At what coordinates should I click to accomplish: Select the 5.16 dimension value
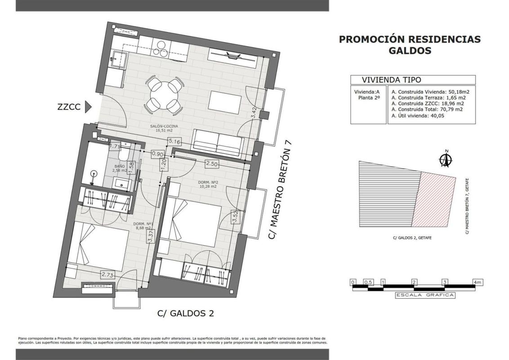click(174, 141)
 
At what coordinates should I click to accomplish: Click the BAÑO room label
click(120, 166)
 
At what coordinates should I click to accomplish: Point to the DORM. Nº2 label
click(208, 182)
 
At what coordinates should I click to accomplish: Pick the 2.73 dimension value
click(107, 275)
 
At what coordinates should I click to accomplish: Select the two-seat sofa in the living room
click(219, 143)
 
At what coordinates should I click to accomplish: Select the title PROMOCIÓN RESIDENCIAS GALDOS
click(410, 45)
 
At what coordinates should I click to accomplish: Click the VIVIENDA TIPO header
click(392, 80)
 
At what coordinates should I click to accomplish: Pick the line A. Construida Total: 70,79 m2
click(427, 109)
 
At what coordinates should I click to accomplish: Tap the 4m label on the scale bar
click(478, 282)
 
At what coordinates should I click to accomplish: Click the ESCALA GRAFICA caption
click(424, 295)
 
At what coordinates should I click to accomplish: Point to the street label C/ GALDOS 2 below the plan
click(186, 314)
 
